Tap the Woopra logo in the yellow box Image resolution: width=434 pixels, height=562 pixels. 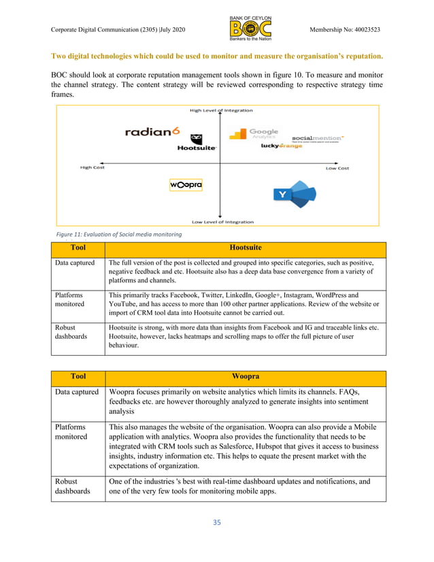[x=186, y=184]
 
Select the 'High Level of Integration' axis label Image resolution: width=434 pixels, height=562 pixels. [x=221, y=110]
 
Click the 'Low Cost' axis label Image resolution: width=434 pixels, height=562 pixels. [x=337, y=168]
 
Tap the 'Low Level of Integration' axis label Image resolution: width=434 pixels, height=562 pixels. [x=222, y=221]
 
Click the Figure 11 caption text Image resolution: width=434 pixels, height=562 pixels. [x=114, y=234]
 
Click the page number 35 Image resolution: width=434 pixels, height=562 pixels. [x=217, y=522]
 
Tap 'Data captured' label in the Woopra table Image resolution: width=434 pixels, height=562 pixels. [x=76, y=392]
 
